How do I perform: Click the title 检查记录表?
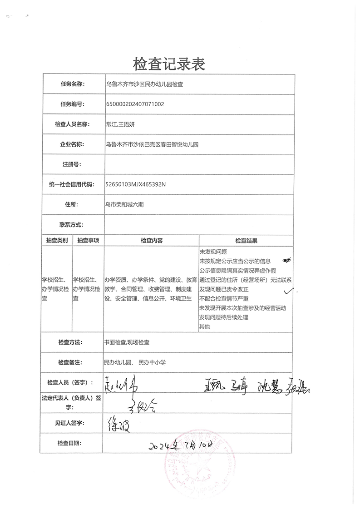169,64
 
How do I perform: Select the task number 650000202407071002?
134,104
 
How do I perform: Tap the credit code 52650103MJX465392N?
135,184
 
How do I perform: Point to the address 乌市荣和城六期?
124,205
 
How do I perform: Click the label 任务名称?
72,84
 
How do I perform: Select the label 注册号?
72,164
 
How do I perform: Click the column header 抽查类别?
57,241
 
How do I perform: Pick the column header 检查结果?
246,241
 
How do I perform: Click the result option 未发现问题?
213,252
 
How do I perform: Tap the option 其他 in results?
204,326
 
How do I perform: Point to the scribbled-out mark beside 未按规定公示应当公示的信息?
286,261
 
